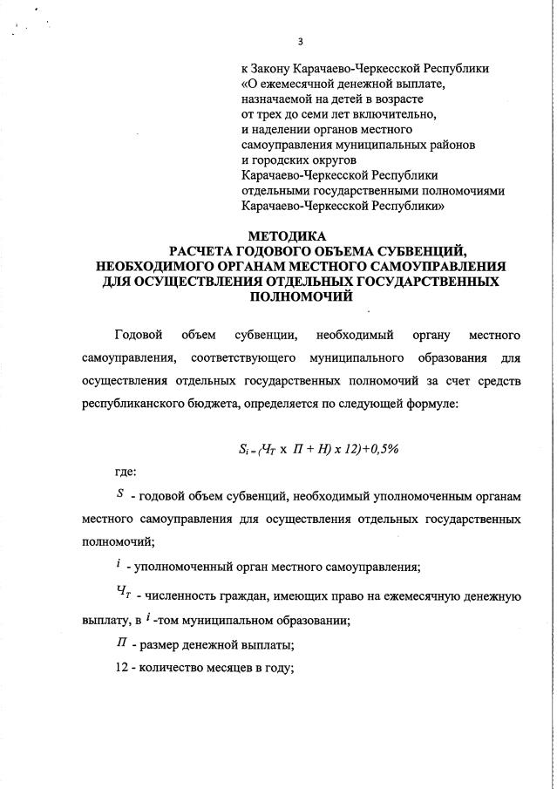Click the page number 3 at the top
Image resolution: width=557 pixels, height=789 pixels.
300,41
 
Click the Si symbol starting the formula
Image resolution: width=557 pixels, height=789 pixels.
245,450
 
